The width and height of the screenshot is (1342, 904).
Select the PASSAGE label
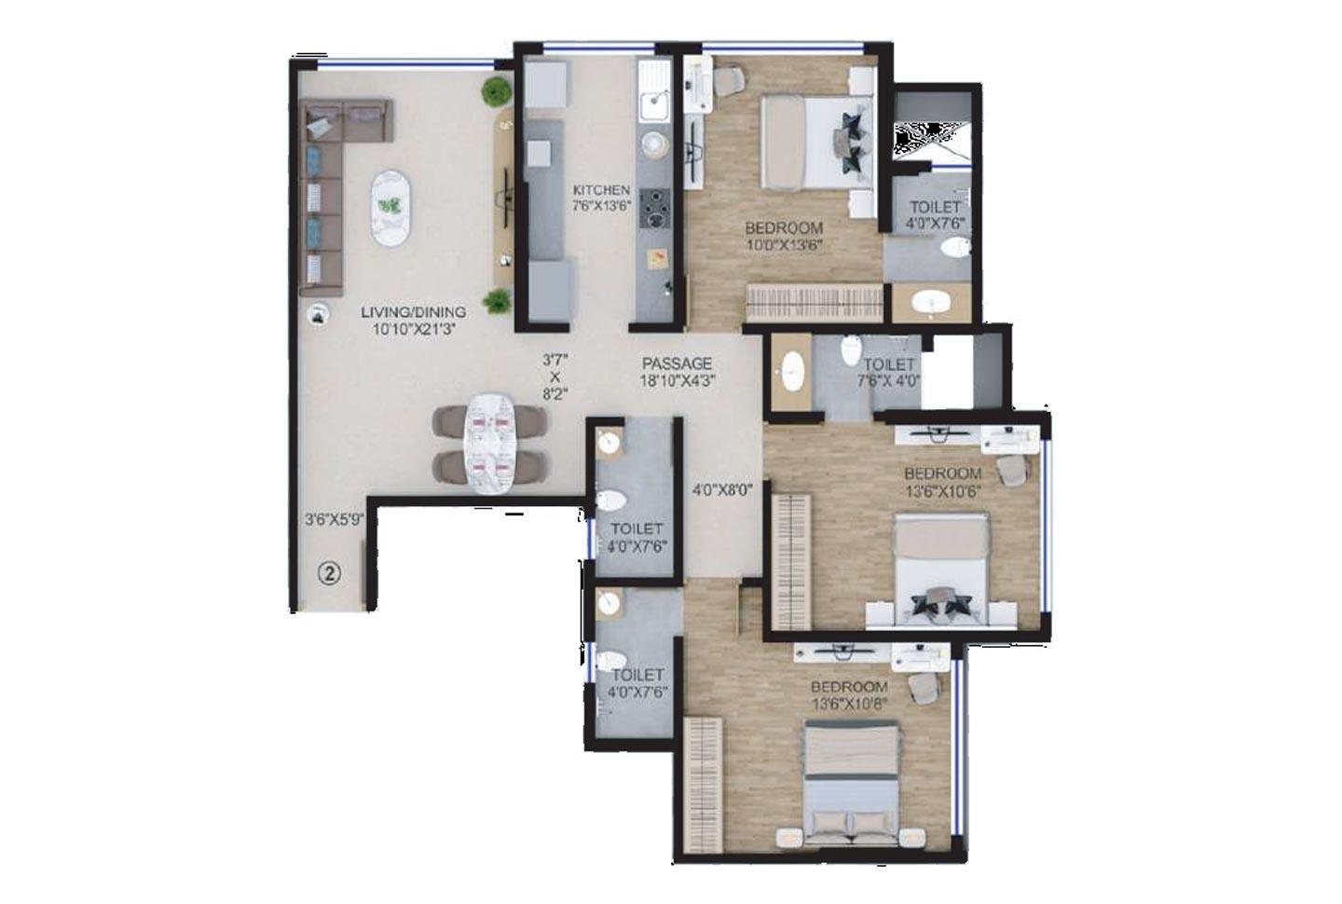pos(678,363)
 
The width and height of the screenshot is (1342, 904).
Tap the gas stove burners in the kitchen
pos(654,208)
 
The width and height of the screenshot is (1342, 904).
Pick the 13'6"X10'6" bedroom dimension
pos(942,491)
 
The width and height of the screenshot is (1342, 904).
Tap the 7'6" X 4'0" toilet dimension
pos(888,381)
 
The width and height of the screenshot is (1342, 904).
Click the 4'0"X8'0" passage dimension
pos(722,487)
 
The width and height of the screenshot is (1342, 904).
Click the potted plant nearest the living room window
pos(496,91)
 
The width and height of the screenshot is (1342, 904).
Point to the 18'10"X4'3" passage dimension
pos(678,380)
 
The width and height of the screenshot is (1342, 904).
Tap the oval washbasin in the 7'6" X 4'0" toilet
pos(792,371)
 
